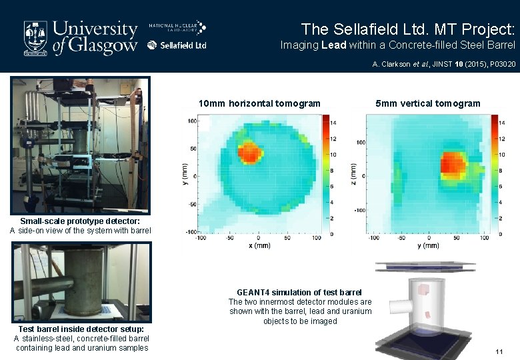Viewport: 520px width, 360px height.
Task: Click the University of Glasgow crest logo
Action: coord(36,37)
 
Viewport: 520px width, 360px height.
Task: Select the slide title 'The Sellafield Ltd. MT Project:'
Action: coord(407,29)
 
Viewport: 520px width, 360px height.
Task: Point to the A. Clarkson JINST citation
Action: coord(443,65)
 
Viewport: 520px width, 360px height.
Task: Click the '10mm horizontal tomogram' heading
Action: coord(259,103)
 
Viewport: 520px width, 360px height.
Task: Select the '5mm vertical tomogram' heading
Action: coord(427,103)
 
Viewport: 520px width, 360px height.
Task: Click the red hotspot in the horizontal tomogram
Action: coord(250,152)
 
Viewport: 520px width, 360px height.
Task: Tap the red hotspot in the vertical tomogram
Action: coord(454,163)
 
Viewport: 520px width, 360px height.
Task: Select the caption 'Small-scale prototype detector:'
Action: coord(80,221)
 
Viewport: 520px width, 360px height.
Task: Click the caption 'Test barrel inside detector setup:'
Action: coord(81,329)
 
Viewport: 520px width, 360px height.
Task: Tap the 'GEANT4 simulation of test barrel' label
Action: coord(299,293)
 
